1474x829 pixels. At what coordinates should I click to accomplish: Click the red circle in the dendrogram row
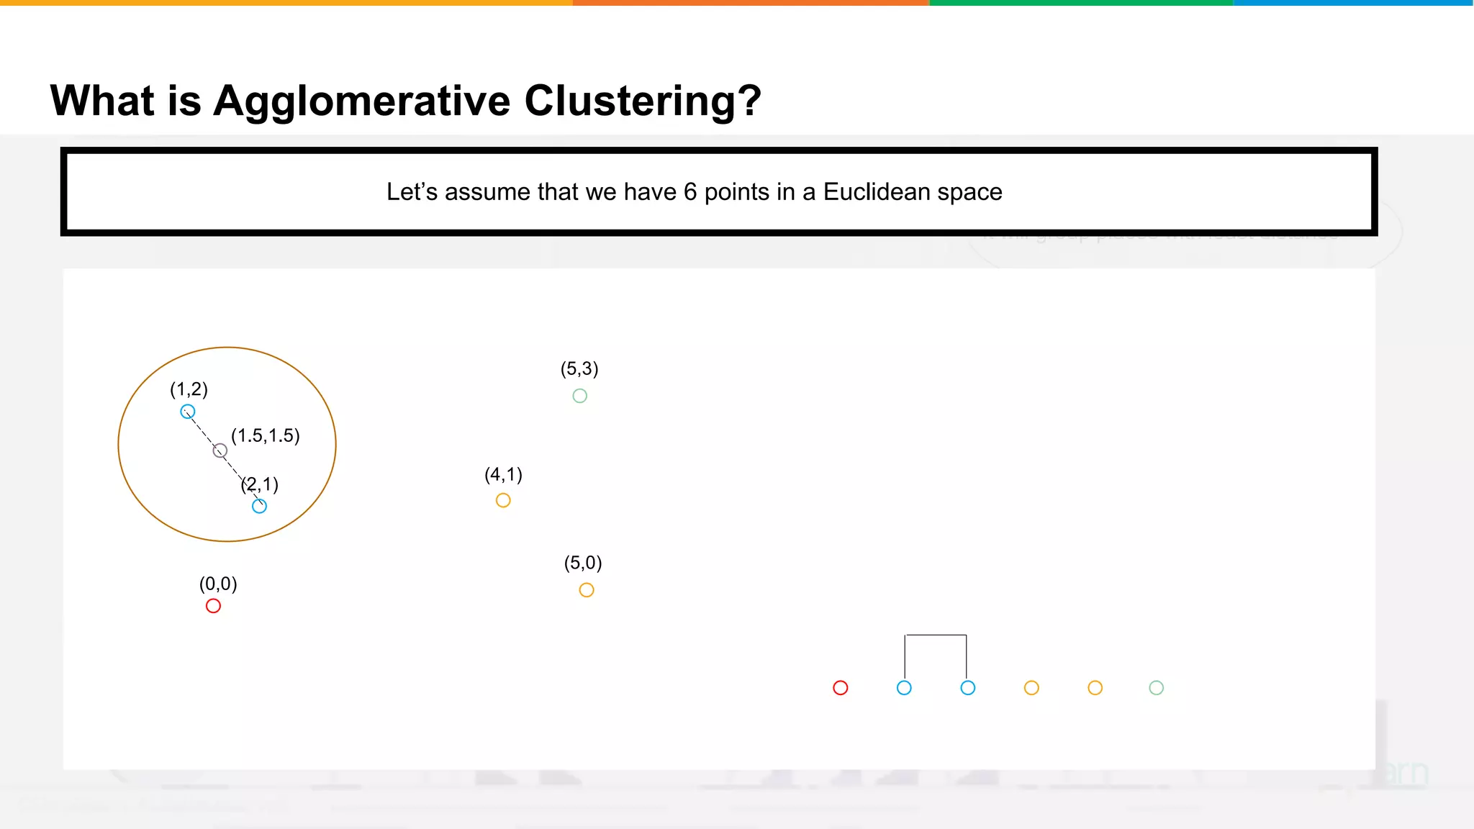tap(840, 688)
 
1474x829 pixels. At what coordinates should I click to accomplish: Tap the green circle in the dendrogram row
tap(1156, 688)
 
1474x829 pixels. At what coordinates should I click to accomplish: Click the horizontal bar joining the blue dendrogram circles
tap(936, 635)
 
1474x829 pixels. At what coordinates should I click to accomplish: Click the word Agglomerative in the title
tap(362, 101)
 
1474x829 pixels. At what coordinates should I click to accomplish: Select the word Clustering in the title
tap(642, 101)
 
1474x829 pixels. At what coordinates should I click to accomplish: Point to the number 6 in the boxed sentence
tap(690, 192)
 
